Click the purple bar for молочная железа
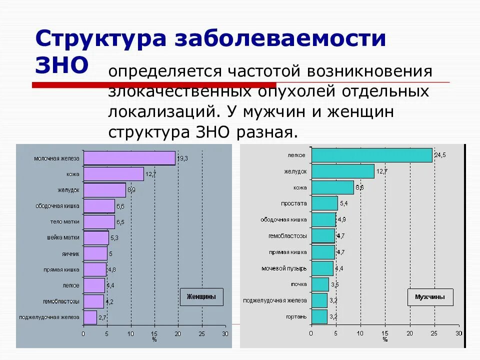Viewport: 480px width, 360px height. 129,158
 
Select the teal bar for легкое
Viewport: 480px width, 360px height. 371,155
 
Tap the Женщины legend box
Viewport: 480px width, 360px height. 201,297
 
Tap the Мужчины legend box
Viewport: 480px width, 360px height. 430,297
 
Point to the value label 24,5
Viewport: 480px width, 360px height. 440,155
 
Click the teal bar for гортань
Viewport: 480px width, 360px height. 319,316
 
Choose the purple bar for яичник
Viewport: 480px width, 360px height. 95,253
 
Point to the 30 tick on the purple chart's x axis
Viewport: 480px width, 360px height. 225,333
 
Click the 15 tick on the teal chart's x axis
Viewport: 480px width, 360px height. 385,333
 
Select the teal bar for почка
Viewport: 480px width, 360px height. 320,284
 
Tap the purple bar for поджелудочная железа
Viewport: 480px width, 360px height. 90,317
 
